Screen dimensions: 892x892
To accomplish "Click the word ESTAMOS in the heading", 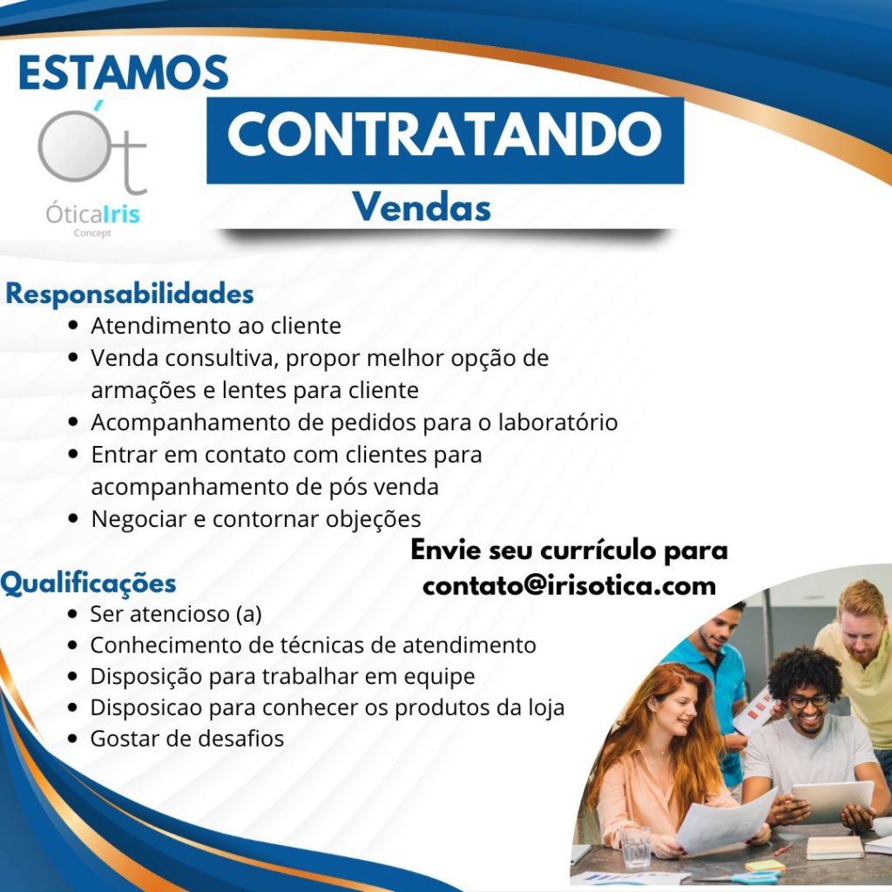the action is [124, 72].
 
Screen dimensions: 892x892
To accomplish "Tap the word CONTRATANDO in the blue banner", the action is [444, 134].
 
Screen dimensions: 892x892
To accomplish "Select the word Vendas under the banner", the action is [422, 206].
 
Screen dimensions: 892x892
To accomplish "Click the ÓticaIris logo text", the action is [92, 214].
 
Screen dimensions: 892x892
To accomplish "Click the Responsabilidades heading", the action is [130, 294].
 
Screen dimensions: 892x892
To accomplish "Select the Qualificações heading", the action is [88, 583].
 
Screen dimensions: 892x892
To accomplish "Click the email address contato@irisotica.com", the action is [569, 585].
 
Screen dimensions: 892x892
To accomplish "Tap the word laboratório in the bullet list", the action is [558, 422].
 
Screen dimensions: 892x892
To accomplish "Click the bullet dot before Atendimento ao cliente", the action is [72, 326].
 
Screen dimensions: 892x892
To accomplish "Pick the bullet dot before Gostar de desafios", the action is [72, 739].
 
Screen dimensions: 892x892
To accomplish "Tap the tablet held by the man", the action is [832, 801].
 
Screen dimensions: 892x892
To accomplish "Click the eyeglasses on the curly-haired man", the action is [808, 702].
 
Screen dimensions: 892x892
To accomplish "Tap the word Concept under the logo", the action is [92, 233].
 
